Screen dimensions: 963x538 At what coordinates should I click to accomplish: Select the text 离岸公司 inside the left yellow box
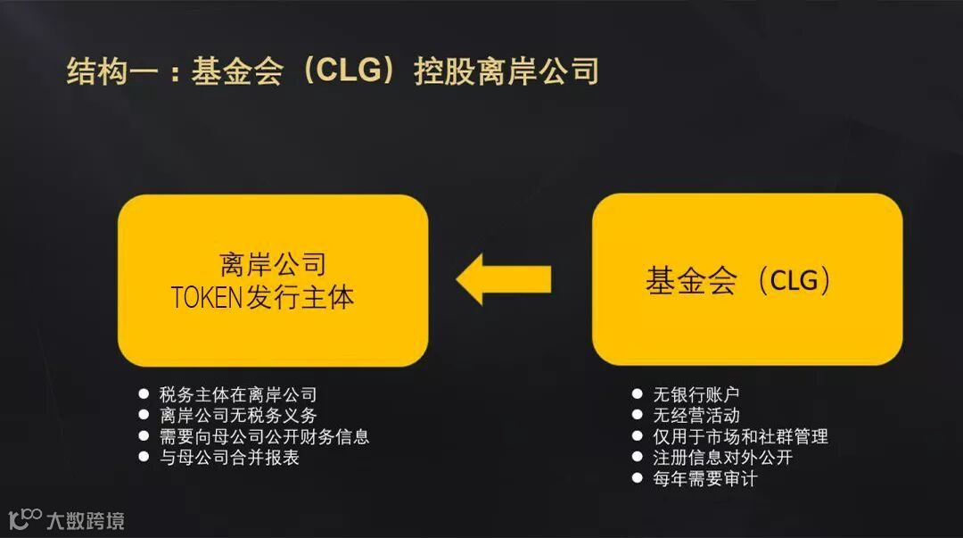(272, 264)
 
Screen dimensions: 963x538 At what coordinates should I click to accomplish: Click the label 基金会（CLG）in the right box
(739, 281)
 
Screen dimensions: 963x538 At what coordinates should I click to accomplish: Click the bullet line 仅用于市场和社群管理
(740, 436)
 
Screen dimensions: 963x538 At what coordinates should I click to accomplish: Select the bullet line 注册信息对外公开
(722, 458)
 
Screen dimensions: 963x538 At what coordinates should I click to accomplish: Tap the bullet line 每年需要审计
(705, 479)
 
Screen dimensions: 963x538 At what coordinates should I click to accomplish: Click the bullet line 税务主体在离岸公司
(238, 394)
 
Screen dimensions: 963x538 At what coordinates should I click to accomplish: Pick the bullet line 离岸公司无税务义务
(238, 415)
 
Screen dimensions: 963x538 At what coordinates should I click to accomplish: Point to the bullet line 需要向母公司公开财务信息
(264, 436)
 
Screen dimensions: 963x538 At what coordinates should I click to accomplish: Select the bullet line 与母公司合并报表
(229, 458)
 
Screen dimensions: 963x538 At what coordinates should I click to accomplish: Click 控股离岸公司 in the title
(506, 71)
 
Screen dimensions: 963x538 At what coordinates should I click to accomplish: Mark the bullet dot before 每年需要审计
(637, 479)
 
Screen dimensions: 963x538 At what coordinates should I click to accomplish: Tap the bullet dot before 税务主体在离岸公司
(144, 393)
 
